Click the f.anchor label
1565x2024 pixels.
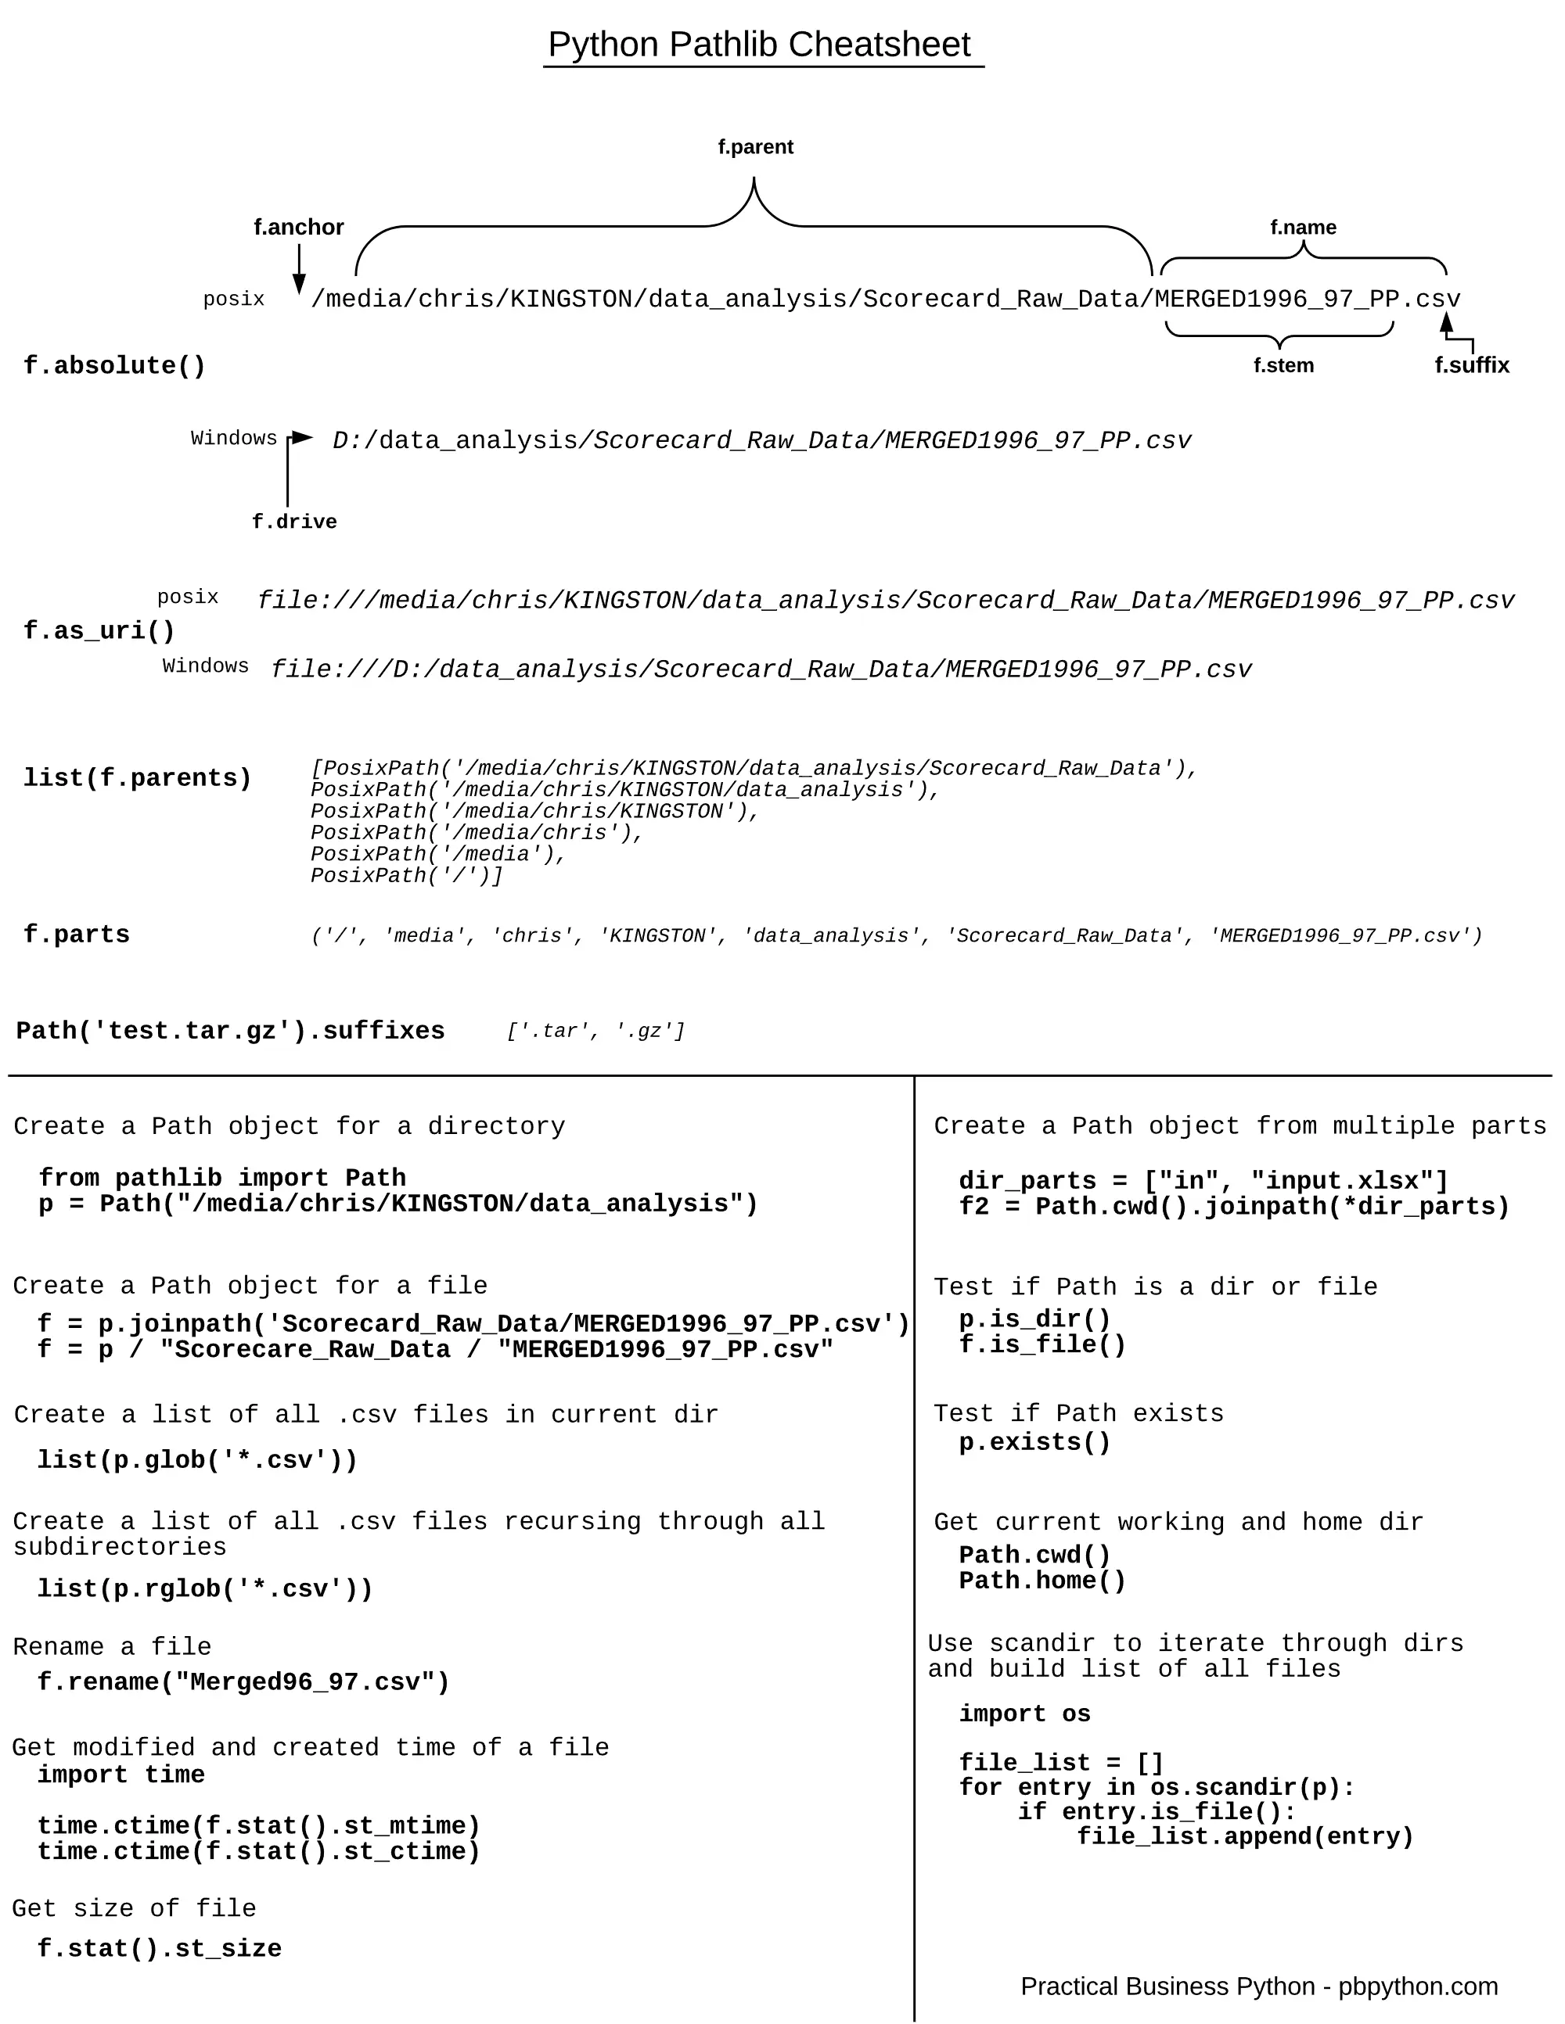(299, 227)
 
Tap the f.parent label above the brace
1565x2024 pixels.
(756, 146)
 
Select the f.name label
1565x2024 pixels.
(1303, 227)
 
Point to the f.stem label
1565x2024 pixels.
(1283, 365)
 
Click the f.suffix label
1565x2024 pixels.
(1471, 365)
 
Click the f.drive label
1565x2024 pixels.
(294, 522)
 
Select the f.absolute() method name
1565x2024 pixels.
(114, 366)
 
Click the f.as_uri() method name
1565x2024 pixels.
(99, 631)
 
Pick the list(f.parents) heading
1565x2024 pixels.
(137, 778)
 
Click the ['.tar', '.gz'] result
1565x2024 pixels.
(595, 1032)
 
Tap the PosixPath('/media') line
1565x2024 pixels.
(437, 855)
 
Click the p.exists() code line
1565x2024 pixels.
(1034, 1443)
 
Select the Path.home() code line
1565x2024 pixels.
(1042, 1581)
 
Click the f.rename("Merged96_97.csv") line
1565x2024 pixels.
(243, 1682)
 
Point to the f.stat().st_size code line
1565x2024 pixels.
(159, 1949)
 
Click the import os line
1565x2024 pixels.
(1024, 1714)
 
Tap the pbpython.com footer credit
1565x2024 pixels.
(1258, 1987)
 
